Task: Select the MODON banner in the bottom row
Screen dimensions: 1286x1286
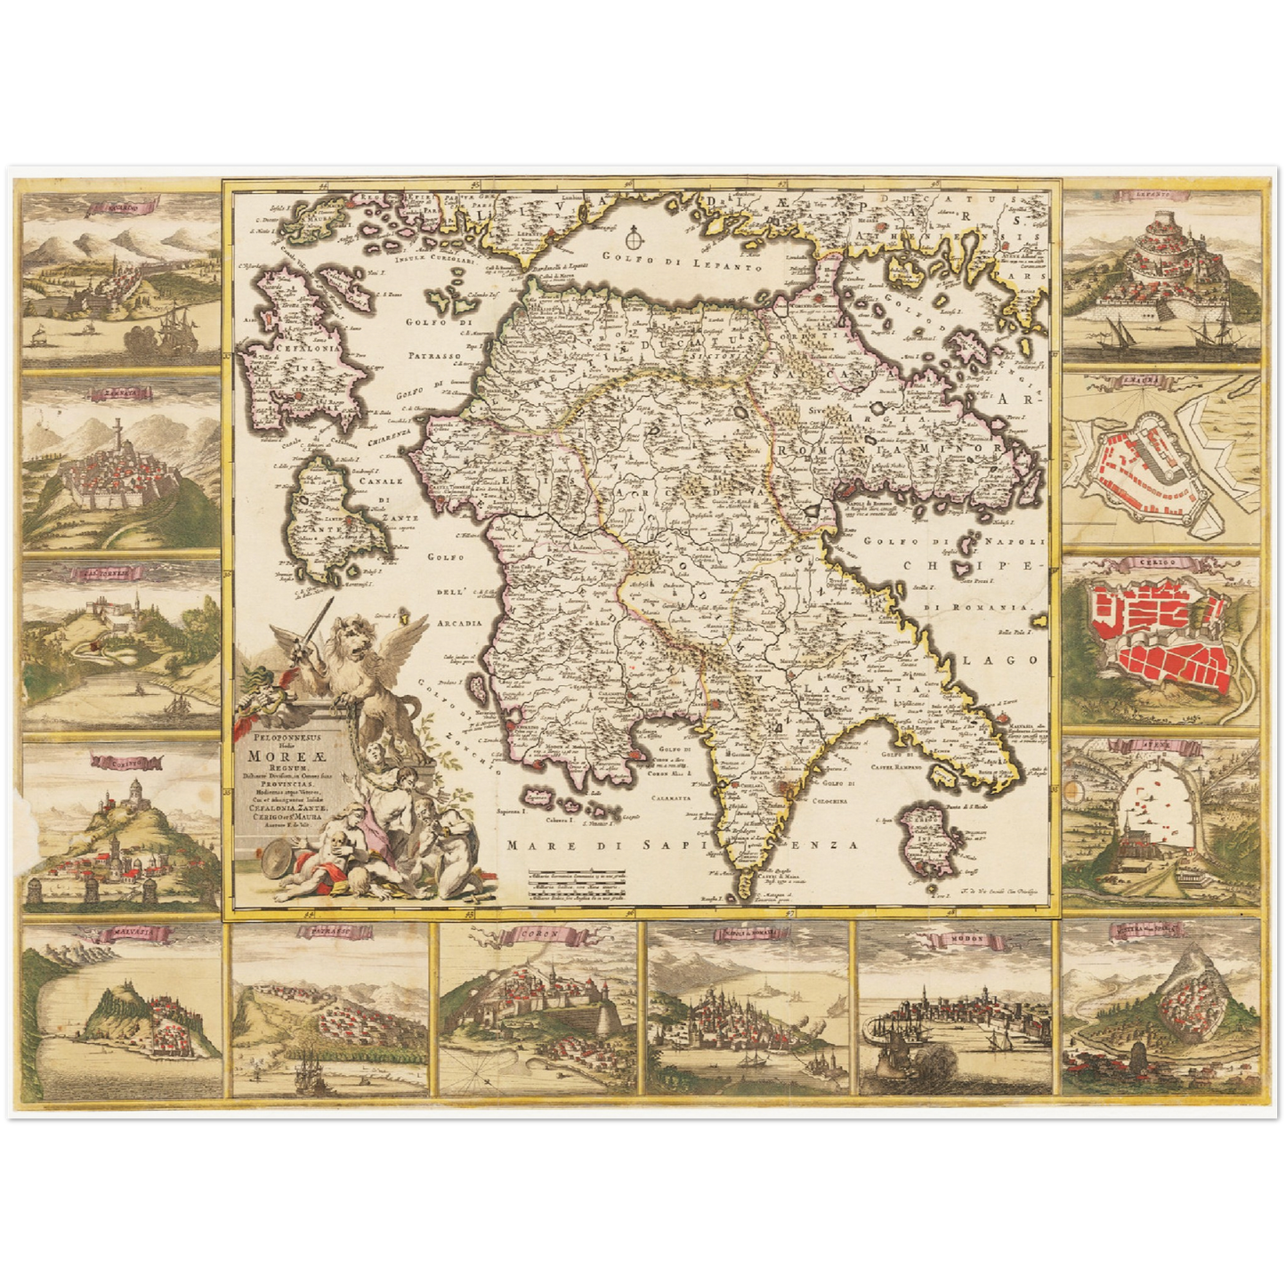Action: tap(950, 934)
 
